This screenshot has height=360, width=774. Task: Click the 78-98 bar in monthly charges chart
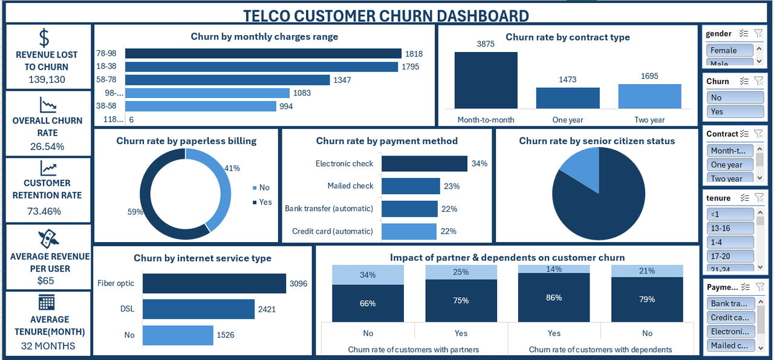click(263, 54)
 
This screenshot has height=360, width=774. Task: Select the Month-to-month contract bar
click(486, 80)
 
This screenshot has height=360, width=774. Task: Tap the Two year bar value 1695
click(649, 76)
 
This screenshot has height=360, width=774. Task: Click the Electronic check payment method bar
click(424, 163)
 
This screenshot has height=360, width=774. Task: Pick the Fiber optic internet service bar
click(214, 283)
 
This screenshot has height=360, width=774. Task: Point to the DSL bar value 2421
click(266, 309)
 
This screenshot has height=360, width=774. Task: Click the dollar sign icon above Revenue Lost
click(44, 38)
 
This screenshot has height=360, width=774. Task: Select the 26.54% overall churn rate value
click(47, 146)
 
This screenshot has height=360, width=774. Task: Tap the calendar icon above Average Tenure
click(47, 302)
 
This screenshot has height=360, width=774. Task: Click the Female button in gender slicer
click(730, 50)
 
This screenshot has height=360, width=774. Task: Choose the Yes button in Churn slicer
click(730, 111)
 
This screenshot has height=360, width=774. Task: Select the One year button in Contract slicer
click(730, 165)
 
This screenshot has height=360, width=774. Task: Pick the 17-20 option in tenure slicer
click(730, 256)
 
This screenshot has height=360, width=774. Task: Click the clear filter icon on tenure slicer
click(759, 198)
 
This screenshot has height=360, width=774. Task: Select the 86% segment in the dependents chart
click(554, 298)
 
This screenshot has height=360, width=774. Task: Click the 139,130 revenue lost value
click(47, 79)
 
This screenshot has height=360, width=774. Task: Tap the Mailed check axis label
click(350, 186)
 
